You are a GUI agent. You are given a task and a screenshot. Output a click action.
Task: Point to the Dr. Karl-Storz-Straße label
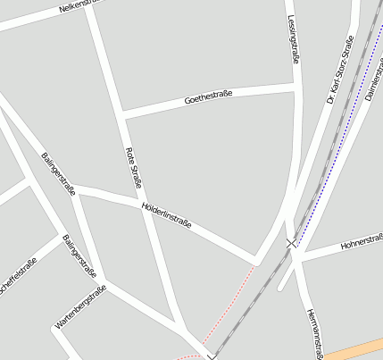click(x=340, y=70)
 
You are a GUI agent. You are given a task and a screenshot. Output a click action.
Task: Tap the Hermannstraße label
click(x=312, y=332)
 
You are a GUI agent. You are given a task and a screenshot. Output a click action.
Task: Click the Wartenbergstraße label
click(x=80, y=308)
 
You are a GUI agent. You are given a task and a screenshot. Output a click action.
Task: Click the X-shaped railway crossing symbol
click(x=291, y=243)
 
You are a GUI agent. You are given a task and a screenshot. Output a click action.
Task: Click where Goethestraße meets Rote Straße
click(x=121, y=113)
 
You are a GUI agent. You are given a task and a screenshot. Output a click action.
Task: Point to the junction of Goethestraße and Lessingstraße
click(x=294, y=87)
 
